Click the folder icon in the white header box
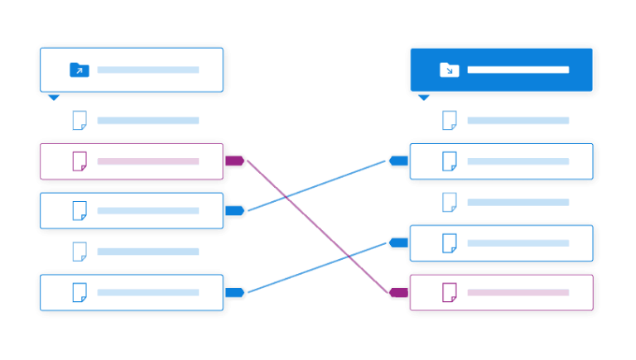click(79, 70)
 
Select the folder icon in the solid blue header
click(449, 70)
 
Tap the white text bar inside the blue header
click(518, 70)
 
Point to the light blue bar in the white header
click(147, 70)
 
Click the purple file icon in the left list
click(79, 161)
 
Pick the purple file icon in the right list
click(450, 292)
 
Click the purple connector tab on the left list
click(234, 161)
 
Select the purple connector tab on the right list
click(399, 292)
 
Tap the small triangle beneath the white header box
click(54, 98)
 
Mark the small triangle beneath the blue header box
click(424, 98)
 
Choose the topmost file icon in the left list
click(79, 121)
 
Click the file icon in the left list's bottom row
click(79, 292)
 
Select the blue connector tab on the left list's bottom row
click(234, 292)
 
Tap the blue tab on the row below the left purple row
click(234, 210)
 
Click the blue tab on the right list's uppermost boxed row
click(399, 161)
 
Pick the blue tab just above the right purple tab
click(399, 242)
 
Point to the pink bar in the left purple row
click(147, 161)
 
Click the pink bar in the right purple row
click(518, 292)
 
